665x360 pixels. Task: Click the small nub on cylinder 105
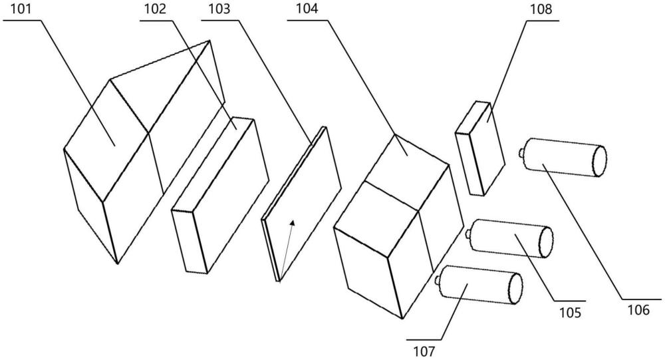(468, 234)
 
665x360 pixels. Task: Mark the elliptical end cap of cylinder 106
(598, 161)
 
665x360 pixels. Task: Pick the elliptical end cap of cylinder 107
(513, 288)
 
